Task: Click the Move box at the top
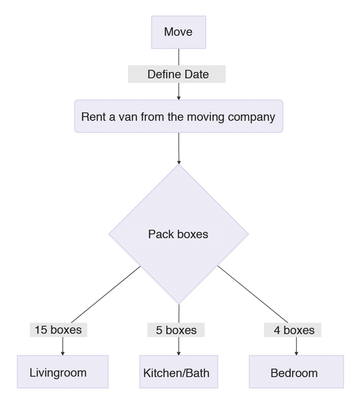[x=179, y=32]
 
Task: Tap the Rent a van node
[x=179, y=116]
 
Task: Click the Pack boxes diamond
[x=179, y=234]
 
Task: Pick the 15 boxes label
[x=59, y=330]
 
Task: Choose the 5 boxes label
[x=176, y=330]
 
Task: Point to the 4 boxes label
[x=293, y=330]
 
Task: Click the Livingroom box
[x=63, y=372]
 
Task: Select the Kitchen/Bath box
[x=179, y=372]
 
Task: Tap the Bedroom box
[x=297, y=372]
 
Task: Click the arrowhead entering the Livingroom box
[x=63, y=353]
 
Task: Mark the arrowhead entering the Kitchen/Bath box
[x=179, y=353]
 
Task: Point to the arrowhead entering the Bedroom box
[x=297, y=353]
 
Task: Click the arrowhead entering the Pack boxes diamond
[x=179, y=162]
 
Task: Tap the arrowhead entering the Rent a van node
[x=179, y=98]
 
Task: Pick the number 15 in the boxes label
[x=40, y=330]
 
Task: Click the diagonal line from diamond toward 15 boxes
[x=106, y=294]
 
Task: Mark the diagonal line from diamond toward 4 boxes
[x=252, y=294]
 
